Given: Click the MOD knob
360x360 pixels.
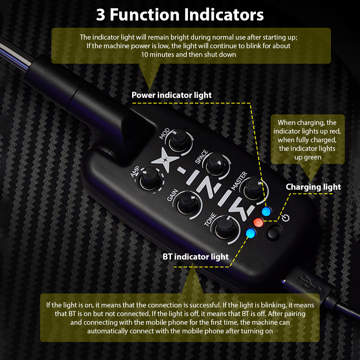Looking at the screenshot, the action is tap(179, 140).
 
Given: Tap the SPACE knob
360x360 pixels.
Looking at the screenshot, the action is tap(216, 164).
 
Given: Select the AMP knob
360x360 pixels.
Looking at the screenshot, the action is tap(150, 179).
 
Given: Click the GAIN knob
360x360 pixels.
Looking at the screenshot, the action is tap(188, 202).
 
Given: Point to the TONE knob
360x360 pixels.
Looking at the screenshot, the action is tap(225, 227).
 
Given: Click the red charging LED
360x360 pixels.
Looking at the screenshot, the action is tap(258, 222).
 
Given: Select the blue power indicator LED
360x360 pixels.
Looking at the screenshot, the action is tap(266, 211).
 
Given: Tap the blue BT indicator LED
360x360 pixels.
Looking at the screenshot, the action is tap(251, 233).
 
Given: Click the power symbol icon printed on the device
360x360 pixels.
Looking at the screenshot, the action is tap(285, 218).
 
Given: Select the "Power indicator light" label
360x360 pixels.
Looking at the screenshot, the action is tap(171, 95).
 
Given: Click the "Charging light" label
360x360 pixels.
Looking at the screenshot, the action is tap(313, 187).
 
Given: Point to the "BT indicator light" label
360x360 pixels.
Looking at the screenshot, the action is tap(195, 257).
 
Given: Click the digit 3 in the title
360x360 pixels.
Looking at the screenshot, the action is tap(100, 15).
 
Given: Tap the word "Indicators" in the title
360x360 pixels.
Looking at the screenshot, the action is tap(224, 15).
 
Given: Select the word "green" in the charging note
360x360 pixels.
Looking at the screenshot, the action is tap(308, 158).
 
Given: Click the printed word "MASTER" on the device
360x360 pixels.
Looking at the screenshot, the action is tap(239, 181).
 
